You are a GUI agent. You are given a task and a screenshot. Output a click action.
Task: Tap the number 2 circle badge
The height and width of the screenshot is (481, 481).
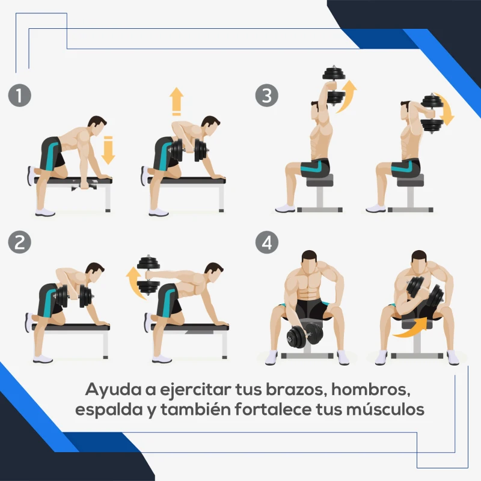click(20, 242)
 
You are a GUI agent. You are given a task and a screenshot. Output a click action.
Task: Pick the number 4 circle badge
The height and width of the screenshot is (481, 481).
click(266, 242)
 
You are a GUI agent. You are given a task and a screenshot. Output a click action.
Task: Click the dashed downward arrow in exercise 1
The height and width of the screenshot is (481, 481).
click(108, 149)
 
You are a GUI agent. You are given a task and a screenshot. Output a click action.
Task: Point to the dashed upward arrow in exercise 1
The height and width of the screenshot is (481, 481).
click(176, 101)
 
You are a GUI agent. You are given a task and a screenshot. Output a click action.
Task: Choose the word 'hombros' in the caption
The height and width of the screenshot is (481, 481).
click(371, 389)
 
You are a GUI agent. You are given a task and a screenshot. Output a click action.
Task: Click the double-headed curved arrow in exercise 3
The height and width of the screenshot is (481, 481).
click(446, 110)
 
